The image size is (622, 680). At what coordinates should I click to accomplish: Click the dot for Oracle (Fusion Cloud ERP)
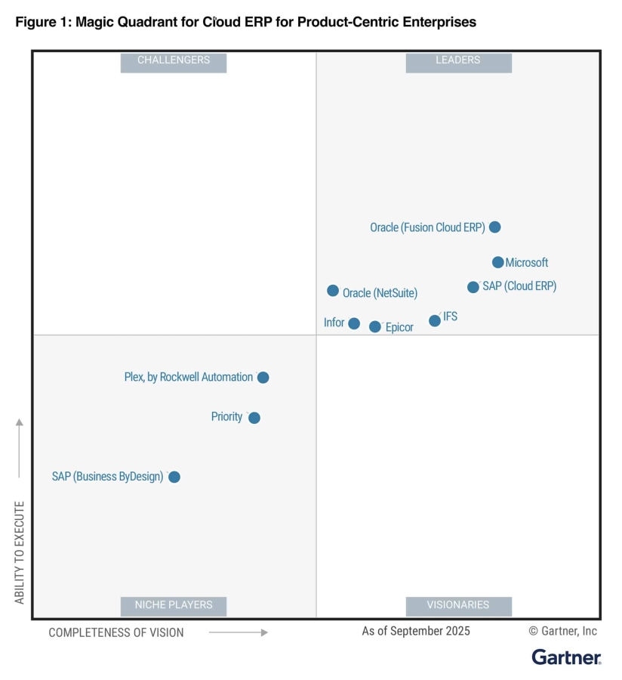coord(494,227)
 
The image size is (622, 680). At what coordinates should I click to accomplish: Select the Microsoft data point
coord(497,262)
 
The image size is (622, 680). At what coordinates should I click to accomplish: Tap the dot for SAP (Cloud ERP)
coord(473,287)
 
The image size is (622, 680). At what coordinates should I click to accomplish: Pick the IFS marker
coord(435,320)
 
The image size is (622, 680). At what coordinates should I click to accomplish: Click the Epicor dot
coord(375,326)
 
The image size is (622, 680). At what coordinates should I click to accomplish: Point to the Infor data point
coord(354,323)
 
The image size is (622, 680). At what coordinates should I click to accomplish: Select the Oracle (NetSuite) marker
coord(333,291)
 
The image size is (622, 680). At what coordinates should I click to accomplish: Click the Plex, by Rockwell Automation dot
coord(263,377)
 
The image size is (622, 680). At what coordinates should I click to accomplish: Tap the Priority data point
coord(254,418)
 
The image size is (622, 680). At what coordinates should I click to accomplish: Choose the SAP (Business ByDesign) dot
coord(174,477)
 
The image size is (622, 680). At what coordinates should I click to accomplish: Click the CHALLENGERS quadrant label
coord(174,60)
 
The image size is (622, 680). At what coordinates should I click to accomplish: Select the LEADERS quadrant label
coord(458,60)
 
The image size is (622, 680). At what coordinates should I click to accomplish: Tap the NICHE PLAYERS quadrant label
coord(174,605)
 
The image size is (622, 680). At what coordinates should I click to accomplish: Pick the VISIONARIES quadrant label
coord(458,605)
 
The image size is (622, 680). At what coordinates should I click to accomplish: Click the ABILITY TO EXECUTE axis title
coord(20,552)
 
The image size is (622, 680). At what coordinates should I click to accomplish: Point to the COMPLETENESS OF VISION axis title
coord(116,632)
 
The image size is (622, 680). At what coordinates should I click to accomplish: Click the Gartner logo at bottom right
coord(566,657)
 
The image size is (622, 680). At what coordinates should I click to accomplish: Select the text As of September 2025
coord(416,631)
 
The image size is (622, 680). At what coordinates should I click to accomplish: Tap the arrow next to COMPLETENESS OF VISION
coord(239,632)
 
